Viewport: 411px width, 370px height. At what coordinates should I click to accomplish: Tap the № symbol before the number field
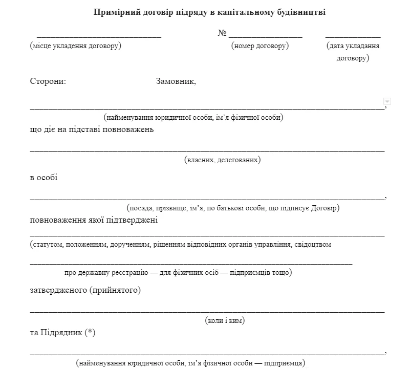pyautogui.click(x=222, y=33)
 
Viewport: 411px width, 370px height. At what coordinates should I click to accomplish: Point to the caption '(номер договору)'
pyautogui.click(x=260, y=46)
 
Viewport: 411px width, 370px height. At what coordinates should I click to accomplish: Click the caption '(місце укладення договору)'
pyautogui.click(x=76, y=46)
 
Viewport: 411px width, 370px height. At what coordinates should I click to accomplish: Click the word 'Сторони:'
pyautogui.click(x=48, y=81)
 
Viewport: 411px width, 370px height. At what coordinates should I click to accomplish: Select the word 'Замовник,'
pyautogui.click(x=176, y=81)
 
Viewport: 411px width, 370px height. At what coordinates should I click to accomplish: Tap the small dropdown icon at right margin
pyautogui.click(x=387, y=101)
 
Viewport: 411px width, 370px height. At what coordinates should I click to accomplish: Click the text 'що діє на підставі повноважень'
pyautogui.click(x=92, y=129)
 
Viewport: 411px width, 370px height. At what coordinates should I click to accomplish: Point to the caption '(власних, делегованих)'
pyautogui.click(x=222, y=160)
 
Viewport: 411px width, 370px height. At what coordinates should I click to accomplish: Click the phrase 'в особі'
pyautogui.click(x=44, y=178)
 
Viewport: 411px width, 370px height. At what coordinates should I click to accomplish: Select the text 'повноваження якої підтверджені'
pyautogui.click(x=94, y=220)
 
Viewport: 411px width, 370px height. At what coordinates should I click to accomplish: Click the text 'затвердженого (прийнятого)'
pyautogui.click(x=85, y=291)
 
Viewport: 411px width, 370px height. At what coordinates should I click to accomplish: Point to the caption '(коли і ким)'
pyautogui.click(x=224, y=321)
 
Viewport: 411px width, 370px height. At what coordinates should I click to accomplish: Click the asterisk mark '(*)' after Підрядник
pyautogui.click(x=90, y=333)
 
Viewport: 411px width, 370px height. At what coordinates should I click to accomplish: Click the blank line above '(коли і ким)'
pyautogui.click(x=207, y=311)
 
